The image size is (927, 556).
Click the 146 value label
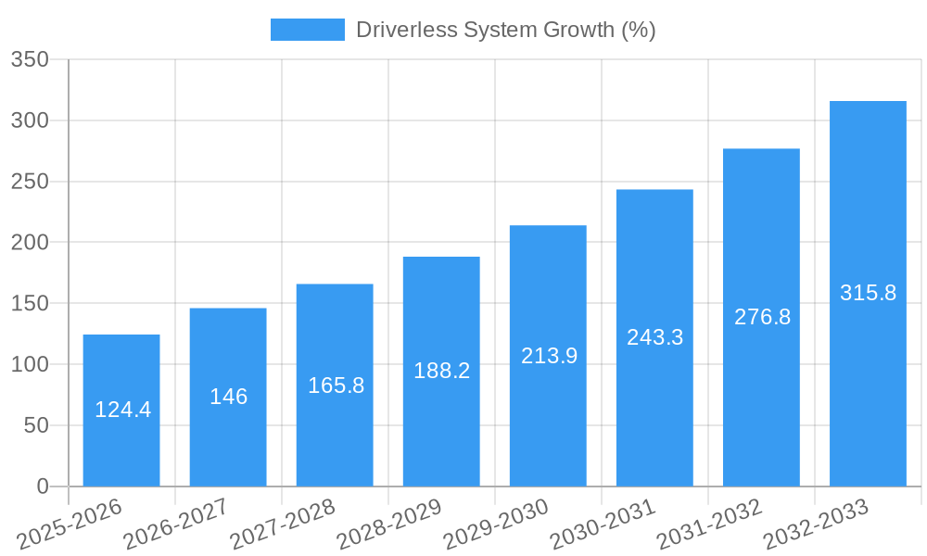point(228,397)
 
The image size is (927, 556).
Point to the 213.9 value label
point(549,356)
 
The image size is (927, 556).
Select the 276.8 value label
point(762,317)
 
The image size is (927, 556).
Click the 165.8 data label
point(336,385)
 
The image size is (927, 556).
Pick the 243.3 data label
point(654,337)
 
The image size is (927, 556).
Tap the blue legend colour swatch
point(307,30)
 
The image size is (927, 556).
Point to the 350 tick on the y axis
point(30,59)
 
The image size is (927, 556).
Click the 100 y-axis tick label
point(30,364)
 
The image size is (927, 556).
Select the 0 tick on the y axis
point(42,486)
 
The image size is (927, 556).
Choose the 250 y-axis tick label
point(30,182)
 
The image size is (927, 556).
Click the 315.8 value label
point(868,293)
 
